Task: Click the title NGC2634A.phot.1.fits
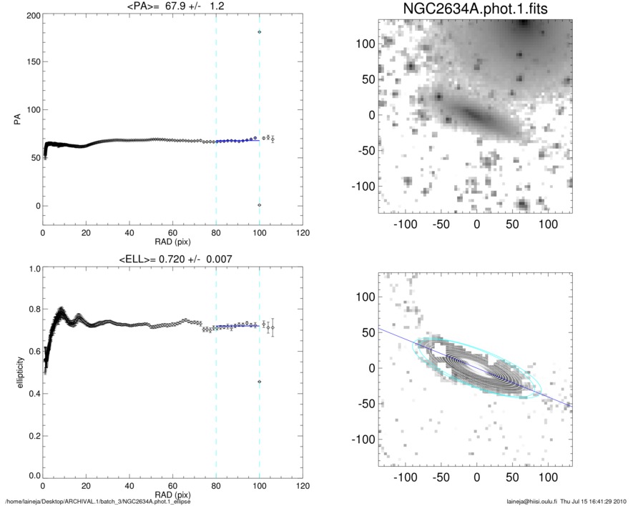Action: click(x=474, y=9)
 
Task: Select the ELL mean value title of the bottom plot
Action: click(x=172, y=259)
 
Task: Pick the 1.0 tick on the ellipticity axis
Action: click(x=31, y=269)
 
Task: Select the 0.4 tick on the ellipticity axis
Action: click(x=31, y=394)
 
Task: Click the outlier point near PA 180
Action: click(x=260, y=32)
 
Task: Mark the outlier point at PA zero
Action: click(x=260, y=205)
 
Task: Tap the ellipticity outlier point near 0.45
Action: click(x=260, y=382)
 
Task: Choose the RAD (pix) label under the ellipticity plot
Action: click(x=172, y=494)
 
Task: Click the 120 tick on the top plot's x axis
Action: click(x=303, y=233)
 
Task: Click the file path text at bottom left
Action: click(x=98, y=501)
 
